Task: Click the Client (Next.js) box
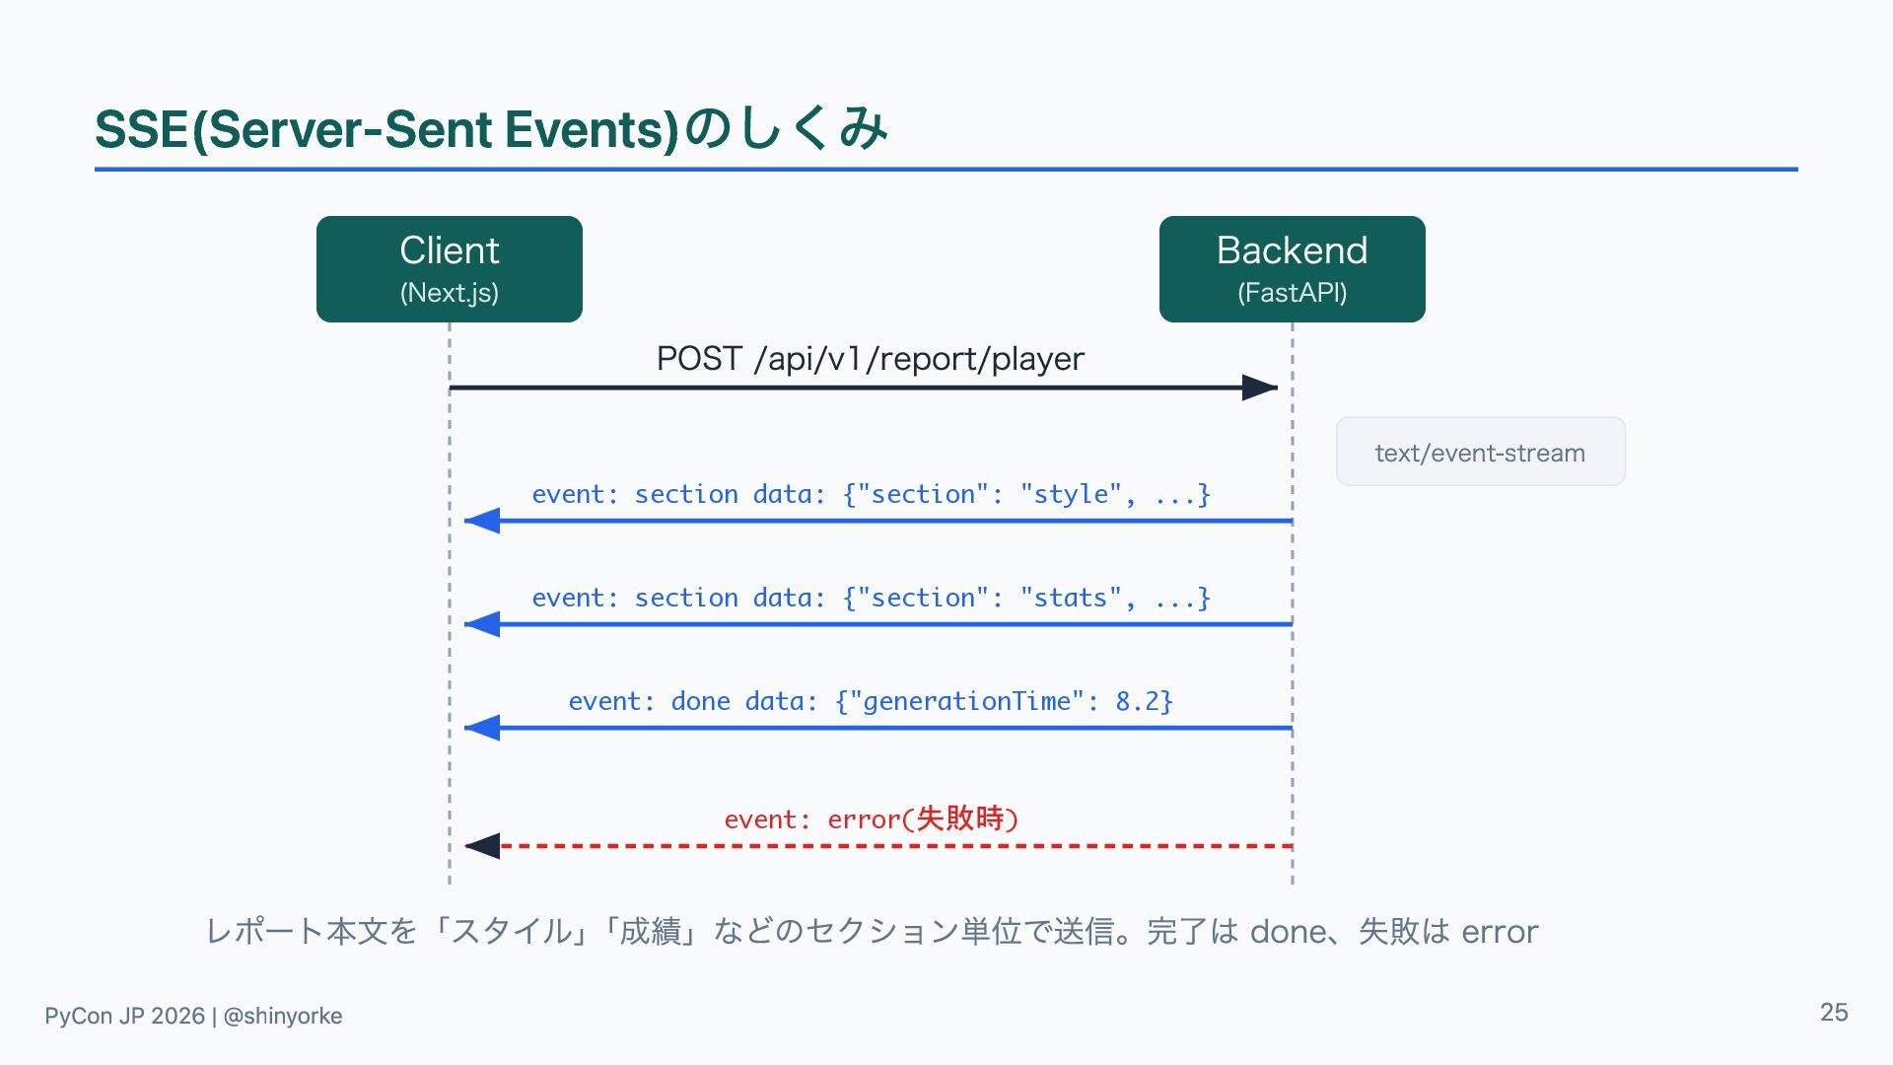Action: (450, 269)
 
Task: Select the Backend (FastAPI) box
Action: (1292, 269)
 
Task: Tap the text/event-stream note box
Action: (1481, 452)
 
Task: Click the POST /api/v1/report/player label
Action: (871, 358)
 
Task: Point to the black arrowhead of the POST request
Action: (1260, 388)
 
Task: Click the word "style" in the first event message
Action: (1071, 494)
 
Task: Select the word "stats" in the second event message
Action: (1071, 598)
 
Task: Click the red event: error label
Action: (872, 818)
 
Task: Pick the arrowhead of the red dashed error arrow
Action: (482, 846)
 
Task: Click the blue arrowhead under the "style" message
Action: (482, 521)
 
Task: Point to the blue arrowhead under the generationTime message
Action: (482, 729)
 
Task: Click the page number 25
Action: (1834, 1013)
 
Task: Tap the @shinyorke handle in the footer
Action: (283, 1016)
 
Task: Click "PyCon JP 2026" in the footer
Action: (124, 1016)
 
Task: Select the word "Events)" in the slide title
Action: (592, 129)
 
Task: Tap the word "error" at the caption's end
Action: (1500, 932)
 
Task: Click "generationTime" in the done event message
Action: (966, 701)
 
